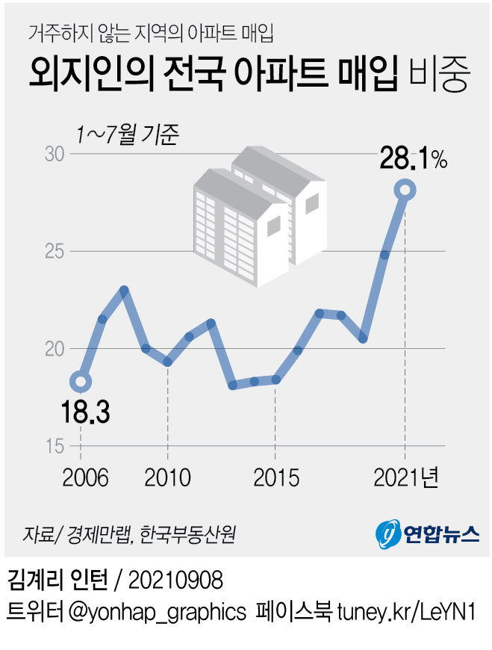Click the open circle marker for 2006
click(x=81, y=382)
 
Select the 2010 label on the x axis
click(x=167, y=477)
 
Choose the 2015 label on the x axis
click(x=276, y=477)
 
